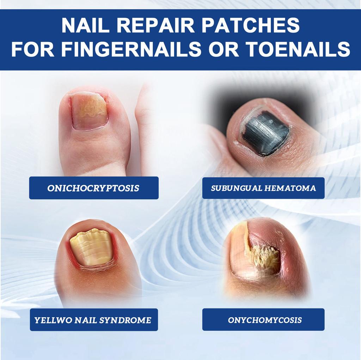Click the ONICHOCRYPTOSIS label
point(93,188)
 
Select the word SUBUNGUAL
point(236,188)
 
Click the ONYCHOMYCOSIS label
point(264,320)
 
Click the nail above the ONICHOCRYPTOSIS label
point(89,111)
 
